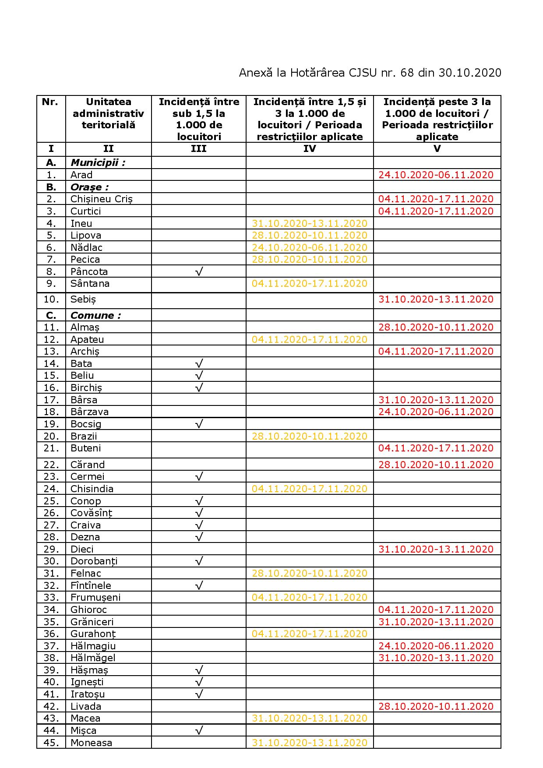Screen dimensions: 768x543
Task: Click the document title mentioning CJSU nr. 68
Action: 370,73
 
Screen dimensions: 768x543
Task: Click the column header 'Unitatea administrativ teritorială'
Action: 108,113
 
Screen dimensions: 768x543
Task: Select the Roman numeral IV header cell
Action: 310,149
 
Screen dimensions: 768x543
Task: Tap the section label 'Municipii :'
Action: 98,163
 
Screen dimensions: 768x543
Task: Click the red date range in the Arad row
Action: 436,175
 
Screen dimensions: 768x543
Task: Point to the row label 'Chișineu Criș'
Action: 102,199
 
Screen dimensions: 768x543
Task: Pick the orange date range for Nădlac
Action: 310,248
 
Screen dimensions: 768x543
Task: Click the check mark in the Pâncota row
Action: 199,272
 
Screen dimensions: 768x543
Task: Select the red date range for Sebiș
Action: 436,299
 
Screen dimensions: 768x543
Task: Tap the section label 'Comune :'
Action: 95,316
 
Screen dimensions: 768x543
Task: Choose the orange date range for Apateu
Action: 310,340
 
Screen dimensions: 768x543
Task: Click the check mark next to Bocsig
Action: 199,424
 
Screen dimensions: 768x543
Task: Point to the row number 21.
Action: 51,448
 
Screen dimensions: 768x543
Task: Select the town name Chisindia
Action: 92,489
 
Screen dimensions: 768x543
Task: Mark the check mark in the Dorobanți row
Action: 199,561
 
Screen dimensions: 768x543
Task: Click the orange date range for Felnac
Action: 310,574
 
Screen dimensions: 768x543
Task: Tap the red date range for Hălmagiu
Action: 436,646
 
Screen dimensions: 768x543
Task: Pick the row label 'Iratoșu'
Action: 88,694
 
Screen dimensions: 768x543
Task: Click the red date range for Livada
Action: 436,706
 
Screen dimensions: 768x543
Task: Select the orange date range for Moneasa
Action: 310,743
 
